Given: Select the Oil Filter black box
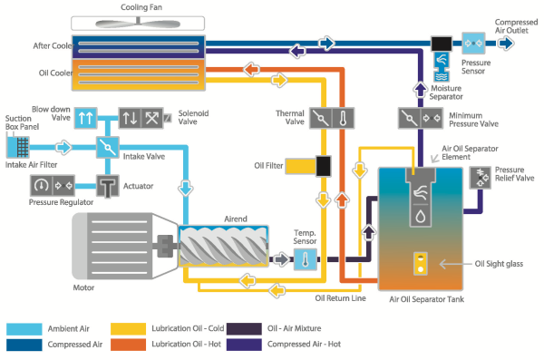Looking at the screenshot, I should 321,166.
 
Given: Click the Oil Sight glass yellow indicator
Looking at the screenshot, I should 420,264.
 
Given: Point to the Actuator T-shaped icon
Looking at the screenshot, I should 109,186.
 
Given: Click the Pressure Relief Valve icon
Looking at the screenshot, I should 481,179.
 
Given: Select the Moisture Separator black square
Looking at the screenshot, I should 445,43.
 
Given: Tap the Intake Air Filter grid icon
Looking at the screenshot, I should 21,145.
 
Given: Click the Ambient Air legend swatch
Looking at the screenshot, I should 24,327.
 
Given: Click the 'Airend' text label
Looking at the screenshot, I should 237,219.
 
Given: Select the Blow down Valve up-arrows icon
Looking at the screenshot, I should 84,117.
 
